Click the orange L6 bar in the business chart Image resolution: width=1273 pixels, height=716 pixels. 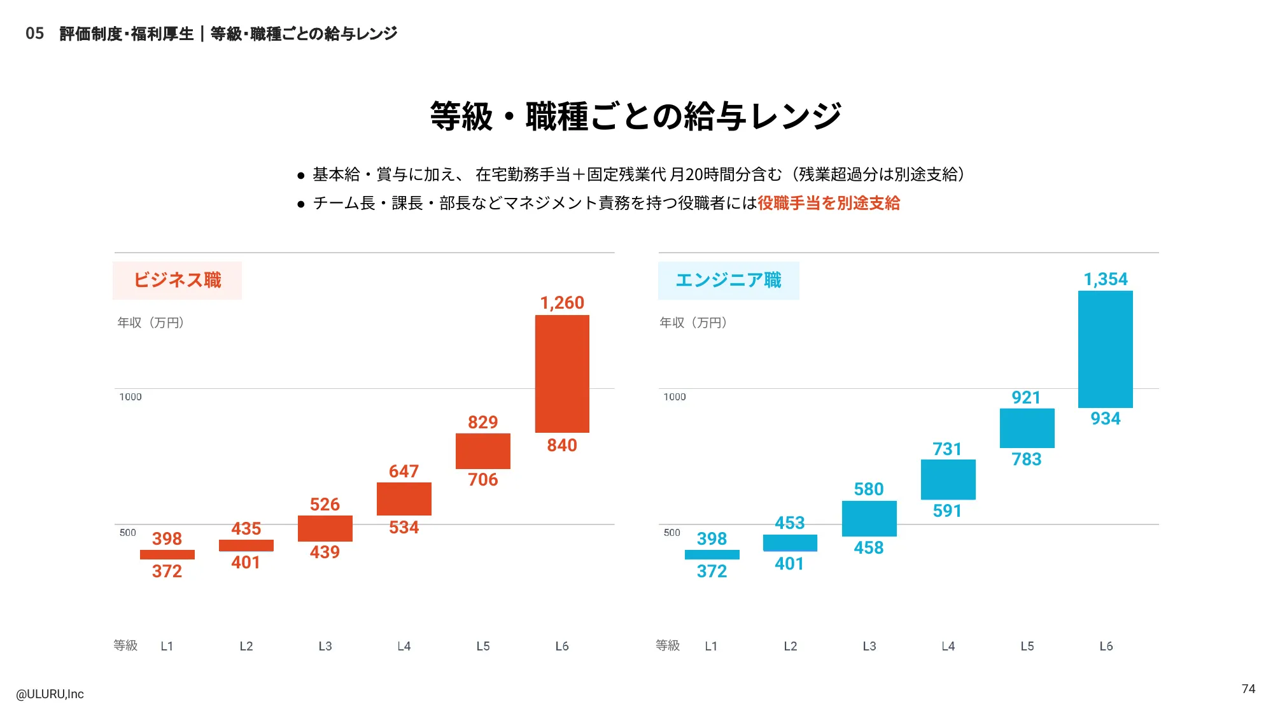coord(562,374)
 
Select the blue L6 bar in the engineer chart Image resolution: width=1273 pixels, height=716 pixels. coord(1106,349)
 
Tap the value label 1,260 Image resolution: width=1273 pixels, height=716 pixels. coord(562,303)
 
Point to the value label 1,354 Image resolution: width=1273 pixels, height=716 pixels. coord(1106,279)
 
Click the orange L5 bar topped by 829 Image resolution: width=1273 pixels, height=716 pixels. coord(483,451)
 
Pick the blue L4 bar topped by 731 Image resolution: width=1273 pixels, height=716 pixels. coord(948,479)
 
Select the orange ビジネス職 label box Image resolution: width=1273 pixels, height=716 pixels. coord(177,281)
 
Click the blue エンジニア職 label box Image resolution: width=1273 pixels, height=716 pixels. coord(728,281)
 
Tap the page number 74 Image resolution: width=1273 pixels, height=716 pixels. coord(1248,689)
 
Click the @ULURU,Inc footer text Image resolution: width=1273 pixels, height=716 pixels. coord(50,694)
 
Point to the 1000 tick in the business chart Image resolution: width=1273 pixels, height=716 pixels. coord(130,397)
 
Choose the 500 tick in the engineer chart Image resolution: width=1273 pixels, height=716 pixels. coord(672,533)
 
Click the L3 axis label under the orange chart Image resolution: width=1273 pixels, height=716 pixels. coord(325,646)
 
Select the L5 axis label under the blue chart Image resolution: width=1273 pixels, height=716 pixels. coord(1027,646)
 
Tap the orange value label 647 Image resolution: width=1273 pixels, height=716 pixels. coord(404,472)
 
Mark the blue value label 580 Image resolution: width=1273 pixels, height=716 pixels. coord(869,489)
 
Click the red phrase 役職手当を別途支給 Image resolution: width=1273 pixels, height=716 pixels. coord(829,203)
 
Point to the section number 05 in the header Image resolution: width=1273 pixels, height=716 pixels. coord(35,34)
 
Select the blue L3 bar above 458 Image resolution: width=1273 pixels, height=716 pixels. coord(869,519)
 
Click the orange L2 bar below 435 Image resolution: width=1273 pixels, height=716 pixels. coord(246,545)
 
